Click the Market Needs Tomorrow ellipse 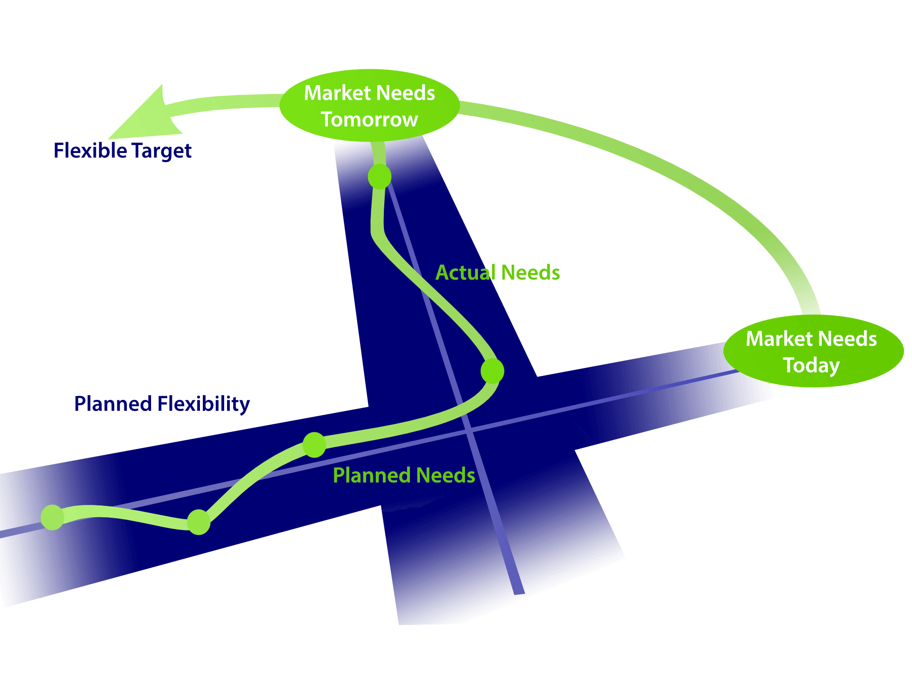370,105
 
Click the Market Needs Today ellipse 813,351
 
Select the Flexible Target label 123,151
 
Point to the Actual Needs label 498,273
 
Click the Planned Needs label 404,475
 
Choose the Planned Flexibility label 162,404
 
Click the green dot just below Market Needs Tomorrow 380,177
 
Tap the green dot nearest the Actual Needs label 492,371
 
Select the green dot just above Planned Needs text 314,445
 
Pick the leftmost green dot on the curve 52,517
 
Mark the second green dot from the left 199,522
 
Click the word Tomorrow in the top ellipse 370,120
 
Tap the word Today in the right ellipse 811,366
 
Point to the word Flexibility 204,404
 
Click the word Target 161,151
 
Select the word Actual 465,273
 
